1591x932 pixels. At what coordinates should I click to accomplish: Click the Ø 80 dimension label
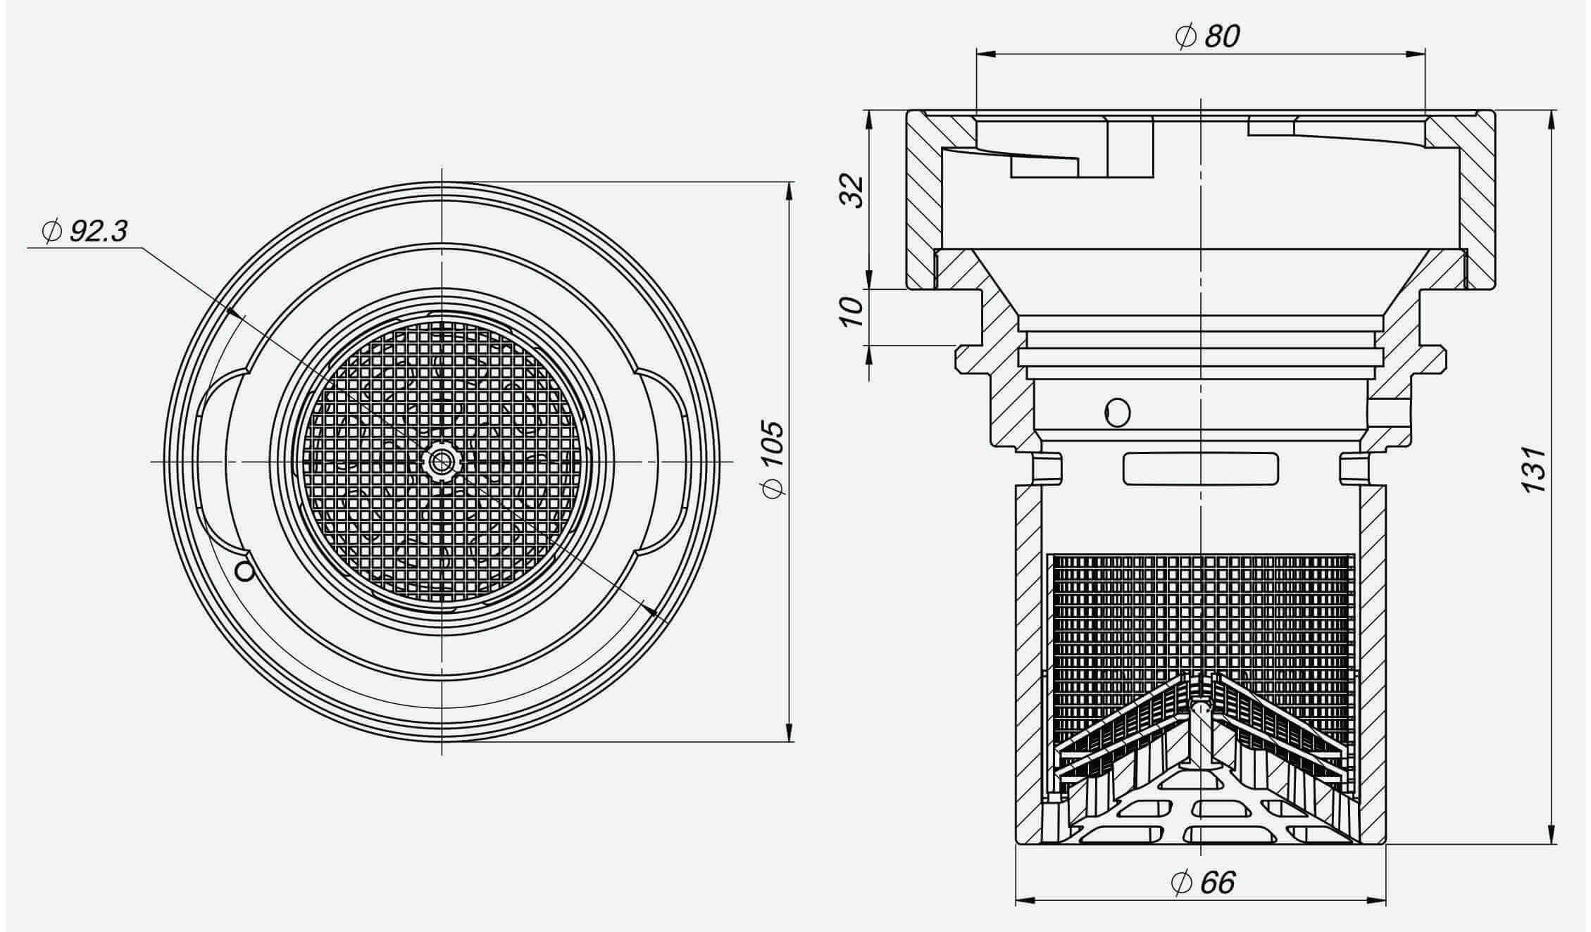[1207, 36]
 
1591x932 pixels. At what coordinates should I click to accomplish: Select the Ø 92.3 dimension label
[85, 230]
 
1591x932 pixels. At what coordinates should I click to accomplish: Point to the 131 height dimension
[1534, 469]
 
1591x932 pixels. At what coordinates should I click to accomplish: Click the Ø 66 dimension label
[1203, 882]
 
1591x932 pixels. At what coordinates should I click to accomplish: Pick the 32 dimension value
[852, 191]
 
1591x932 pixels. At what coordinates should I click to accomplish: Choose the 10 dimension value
[851, 310]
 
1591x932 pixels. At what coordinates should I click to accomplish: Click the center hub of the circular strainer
[442, 461]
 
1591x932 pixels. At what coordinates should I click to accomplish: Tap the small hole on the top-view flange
[244, 571]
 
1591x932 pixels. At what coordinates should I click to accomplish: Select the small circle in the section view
[1118, 411]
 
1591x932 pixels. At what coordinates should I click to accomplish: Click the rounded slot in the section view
[1200, 469]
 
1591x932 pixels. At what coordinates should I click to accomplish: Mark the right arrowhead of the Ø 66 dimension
[1377, 900]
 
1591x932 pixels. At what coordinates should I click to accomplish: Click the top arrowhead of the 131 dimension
[1553, 120]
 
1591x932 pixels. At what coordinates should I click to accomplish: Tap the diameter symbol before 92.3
[51, 230]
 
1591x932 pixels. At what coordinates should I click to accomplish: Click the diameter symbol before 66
[1180, 883]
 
